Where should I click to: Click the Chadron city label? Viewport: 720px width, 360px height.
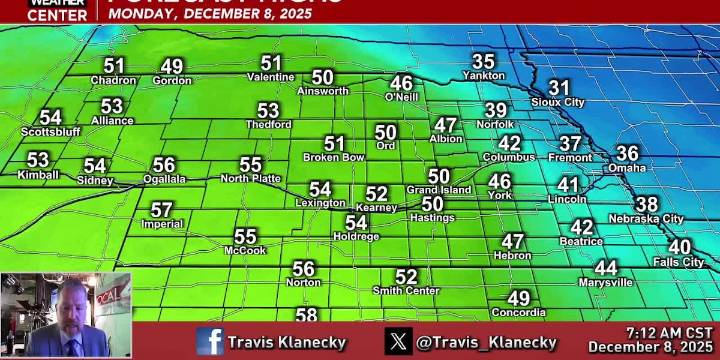[x=113, y=80]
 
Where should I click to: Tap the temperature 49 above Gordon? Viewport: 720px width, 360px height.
[x=172, y=66]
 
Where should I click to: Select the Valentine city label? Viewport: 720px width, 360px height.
[x=270, y=77]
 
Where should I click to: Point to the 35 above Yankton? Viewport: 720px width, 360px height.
[x=483, y=61]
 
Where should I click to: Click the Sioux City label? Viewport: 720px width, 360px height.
[x=558, y=102]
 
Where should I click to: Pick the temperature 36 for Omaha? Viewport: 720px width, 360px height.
[x=627, y=153]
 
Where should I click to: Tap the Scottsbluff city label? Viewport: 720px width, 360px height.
[x=50, y=131]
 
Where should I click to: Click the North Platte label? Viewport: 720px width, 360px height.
[x=250, y=178]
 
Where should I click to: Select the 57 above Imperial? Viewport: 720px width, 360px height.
[x=162, y=210]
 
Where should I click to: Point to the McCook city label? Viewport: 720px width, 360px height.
[x=245, y=250]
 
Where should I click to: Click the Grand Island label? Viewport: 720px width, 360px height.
[x=438, y=189]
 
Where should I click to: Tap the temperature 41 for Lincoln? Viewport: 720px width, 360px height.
[x=568, y=185]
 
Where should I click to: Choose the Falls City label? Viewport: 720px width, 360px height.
[x=679, y=262]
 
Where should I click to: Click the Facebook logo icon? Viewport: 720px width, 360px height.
[x=210, y=341]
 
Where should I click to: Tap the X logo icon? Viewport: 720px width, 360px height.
[x=398, y=341]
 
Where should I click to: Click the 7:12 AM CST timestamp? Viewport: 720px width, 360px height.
[x=669, y=332]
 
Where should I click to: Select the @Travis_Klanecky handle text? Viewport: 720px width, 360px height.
[x=486, y=342]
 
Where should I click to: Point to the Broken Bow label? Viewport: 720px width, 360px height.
[x=333, y=157]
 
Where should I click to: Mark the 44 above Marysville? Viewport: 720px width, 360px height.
[x=606, y=268]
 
